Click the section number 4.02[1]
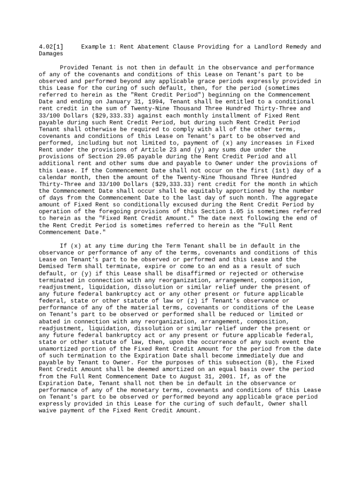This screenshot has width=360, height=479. point(51,47)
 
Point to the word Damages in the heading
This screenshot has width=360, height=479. point(51,54)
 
